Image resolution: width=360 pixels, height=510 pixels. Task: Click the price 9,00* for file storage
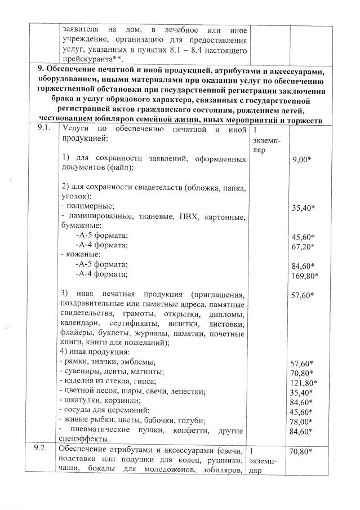302,160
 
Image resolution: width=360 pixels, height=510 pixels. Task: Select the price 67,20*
303,246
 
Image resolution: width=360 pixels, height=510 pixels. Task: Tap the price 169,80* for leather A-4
305,276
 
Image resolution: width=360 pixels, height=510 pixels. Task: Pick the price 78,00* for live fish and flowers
302,422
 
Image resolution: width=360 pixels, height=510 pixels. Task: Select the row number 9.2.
42,449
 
